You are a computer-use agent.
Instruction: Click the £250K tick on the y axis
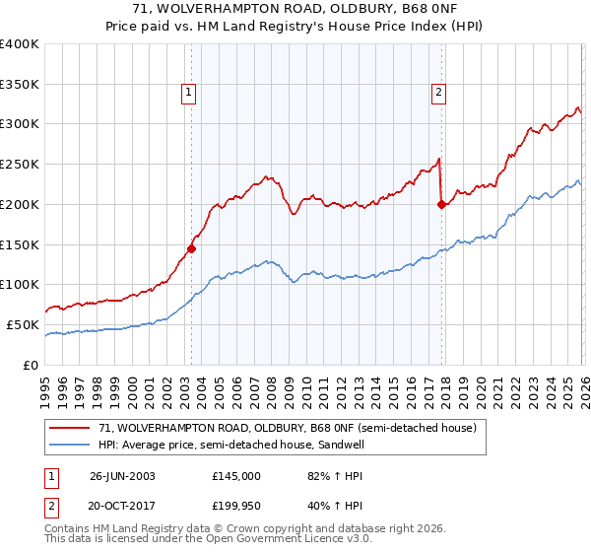(x=20, y=165)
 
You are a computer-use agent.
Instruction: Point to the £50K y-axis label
(x=23, y=324)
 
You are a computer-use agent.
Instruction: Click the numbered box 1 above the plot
(x=187, y=94)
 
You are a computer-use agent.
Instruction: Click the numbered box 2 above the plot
(x=438, y=94)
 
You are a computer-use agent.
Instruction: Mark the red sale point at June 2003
(x=191, y=248)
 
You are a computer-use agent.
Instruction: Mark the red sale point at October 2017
(x=441, y=205)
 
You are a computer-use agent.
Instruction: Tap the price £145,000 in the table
(x=236, y=475)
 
